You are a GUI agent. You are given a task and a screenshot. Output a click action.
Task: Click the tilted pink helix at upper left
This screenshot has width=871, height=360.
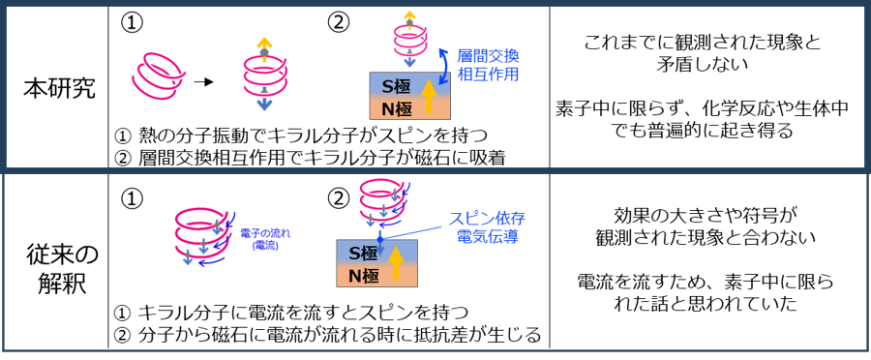(158, 75)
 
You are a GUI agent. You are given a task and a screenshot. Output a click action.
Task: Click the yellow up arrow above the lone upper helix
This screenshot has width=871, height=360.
(264, 45)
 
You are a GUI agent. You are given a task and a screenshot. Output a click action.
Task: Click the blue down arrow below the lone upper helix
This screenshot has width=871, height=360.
(264, 103)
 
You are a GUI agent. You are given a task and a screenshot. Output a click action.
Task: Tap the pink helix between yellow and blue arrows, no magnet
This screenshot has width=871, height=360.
(264, 73)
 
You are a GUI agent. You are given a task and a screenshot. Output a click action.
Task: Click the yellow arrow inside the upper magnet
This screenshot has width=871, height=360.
(430, 98)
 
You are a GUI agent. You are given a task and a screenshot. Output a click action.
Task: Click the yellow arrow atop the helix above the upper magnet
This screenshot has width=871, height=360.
(409, 15)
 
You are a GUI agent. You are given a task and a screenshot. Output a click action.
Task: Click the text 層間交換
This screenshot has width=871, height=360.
(488, 56)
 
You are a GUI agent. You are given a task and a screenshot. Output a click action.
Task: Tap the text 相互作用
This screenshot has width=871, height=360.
(488, 74)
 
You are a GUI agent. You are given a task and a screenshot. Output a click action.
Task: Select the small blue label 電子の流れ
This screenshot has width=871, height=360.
(265, 232)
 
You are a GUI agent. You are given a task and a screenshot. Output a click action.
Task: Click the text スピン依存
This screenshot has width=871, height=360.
(487, 219)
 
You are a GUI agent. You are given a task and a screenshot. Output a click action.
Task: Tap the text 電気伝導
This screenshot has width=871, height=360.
(487, 236)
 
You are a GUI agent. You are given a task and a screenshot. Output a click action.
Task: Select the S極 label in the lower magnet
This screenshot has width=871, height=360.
(363, 253)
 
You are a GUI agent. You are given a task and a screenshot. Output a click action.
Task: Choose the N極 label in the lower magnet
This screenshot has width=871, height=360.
(363, 276)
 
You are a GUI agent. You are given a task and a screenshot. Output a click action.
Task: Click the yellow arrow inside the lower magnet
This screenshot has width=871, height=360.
(396, 263)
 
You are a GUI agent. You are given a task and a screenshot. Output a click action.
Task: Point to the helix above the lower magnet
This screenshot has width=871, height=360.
(380, 198)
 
